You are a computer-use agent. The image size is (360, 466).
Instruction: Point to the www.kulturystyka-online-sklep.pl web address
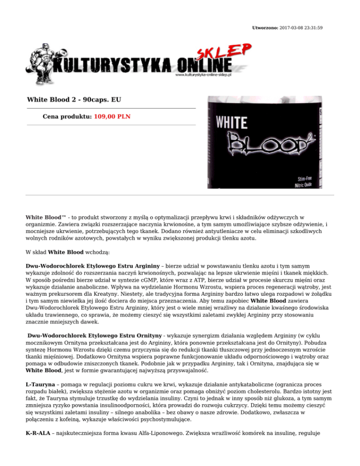(204, 75)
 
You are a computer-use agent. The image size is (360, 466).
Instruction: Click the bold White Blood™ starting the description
(46, 218)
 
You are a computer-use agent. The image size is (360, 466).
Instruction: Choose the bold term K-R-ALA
(38, 440)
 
